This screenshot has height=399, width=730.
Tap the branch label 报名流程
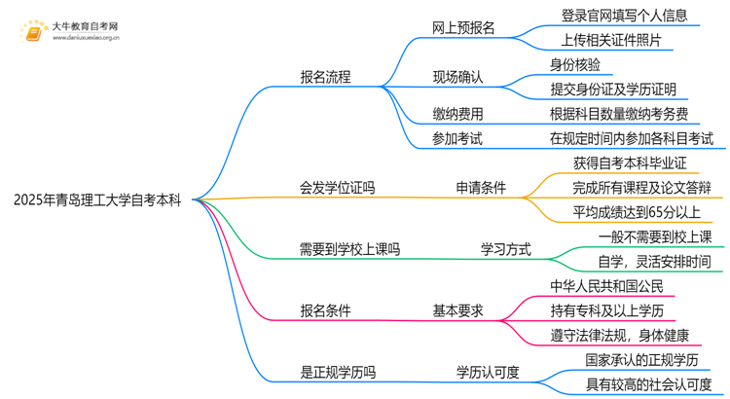pyautogui.click(x=325, y=77)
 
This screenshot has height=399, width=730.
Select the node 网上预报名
pyautogui.click(x=463, y=28)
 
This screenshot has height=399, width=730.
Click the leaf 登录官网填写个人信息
pyautogui.click(x=624, y=16)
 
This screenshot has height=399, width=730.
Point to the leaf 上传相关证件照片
pyautogui.click(x=611, y=41)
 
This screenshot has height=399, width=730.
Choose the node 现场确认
pyautogui.click(x=457, y=77)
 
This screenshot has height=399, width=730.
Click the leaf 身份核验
pyautogui.click(x=575, y=65)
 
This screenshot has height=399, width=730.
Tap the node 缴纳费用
pyautogui.click(x=457, y=115)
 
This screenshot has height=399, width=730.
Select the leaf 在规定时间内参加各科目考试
pyautogui.click(x=631, y=139)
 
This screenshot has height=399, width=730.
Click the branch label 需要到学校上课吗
pyautogui.click(x=349, y=250)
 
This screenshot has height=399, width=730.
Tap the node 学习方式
pyautogui.click(x=506, y=250)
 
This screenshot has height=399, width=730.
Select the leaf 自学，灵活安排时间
pyautogui.click(x=654, y=262)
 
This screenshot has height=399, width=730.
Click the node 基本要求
pyautogui.click(x=457, y=311)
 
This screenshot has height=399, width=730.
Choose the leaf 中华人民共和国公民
pyautogui.click(x=606, y=286)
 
